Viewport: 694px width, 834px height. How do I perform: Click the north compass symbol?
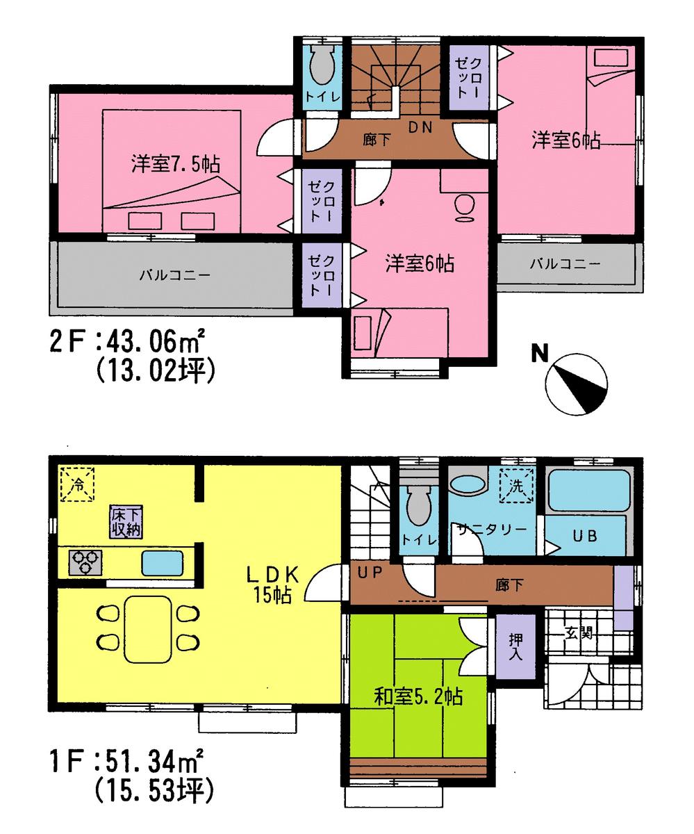(576, 384)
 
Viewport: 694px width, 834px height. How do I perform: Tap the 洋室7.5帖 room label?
(176, 165)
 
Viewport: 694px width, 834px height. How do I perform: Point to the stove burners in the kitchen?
(85, 562)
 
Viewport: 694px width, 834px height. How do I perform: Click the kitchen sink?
(163, 562)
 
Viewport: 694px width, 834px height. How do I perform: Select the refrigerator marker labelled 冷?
(78, 484)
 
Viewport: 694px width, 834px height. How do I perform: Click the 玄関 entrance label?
(578, 633)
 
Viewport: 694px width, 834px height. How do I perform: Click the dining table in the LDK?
(147, 628)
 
